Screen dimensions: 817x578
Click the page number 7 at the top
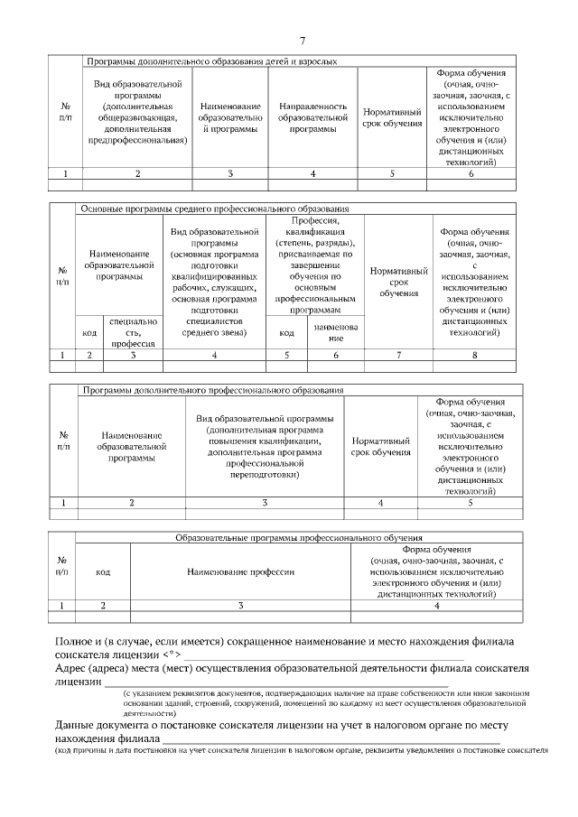pos(303,40)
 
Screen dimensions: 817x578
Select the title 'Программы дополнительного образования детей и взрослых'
pos(211,61)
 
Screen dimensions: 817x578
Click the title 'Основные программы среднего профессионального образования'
pos(214,209)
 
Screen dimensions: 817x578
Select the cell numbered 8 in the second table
pos(474,356)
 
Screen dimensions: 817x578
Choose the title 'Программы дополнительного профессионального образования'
pos(212,390)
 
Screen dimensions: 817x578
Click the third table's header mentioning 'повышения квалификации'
pos(264,446)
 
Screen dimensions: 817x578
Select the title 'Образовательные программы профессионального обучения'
pos(299,537)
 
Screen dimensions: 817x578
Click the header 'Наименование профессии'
pos(240,571)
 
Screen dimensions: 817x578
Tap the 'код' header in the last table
pos(103,571)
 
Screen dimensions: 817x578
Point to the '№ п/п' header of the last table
pos(61,565)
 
